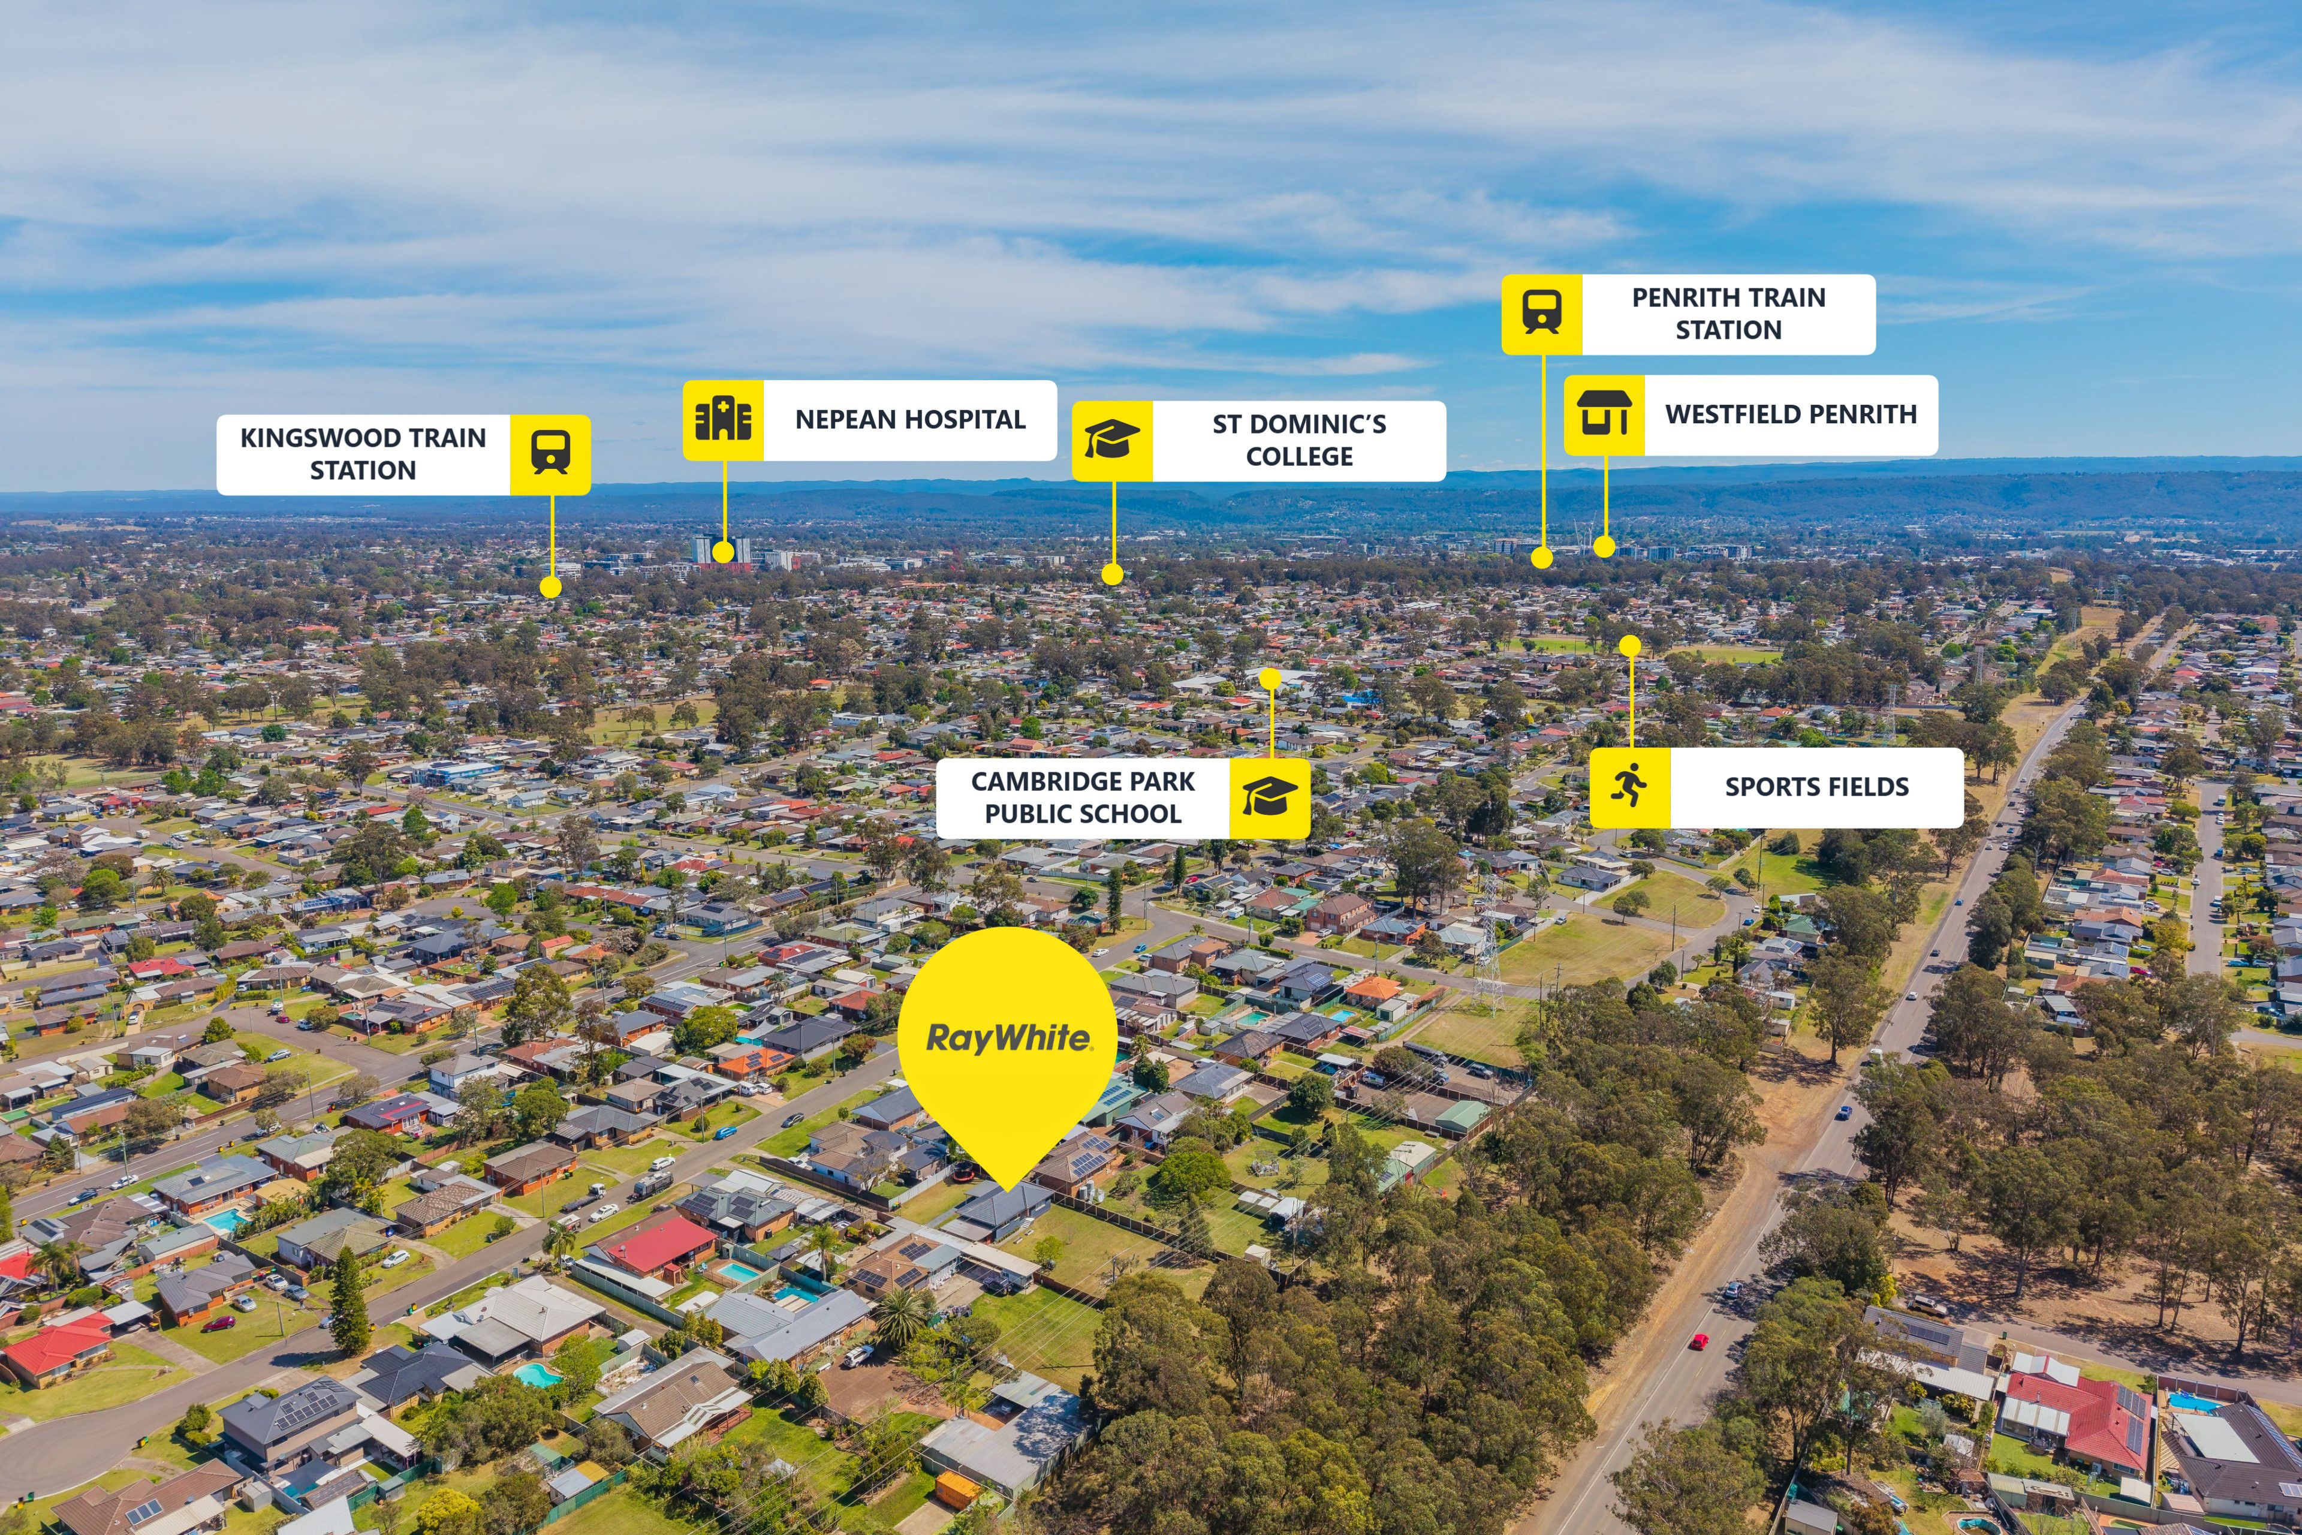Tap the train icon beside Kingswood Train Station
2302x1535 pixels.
(x=550, y=453)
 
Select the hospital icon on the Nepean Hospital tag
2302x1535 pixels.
(x=724, y=420)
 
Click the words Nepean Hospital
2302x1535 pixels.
(x=910, y=420)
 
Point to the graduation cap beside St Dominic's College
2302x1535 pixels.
(x=1112, y=440)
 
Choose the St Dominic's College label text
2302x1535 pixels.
(x=1300, y=441)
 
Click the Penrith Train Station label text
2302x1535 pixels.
(x=1728, y=313)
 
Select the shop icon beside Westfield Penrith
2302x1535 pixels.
(x=1604, y=414)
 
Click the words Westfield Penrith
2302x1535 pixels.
(x=1791, y=415)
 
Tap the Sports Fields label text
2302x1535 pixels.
(x=1816, y=787)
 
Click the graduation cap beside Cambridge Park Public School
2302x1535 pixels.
(x=1270, y=798)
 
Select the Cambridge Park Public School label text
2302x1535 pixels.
(x=1083, y=798)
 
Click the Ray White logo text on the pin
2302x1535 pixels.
(x=1008, y=1038)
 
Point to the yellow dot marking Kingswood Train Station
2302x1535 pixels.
(x=551, y=588)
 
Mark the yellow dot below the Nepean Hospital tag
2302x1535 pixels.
(x=724, y=552)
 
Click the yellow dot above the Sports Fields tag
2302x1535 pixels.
(x=1629, y=646)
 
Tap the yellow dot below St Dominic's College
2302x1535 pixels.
(x=1112, y=574)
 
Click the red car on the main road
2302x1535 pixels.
(x=1698, y=1342)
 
